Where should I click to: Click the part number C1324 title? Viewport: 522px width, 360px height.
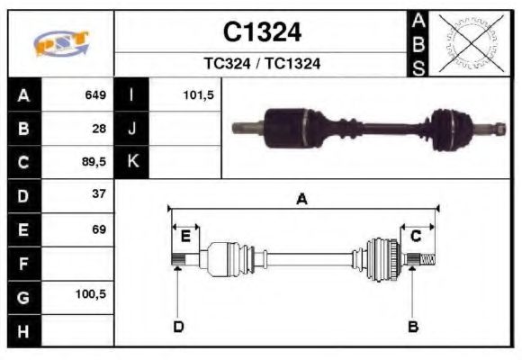pyautogui.click(x=262, y=33)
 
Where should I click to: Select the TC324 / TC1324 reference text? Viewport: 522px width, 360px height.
pyautogui.click(x=262, y=64)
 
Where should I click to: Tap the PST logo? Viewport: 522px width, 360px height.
pyautogui.click(x=61, y=44)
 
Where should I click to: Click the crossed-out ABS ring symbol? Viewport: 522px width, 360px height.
pyautogui.click(x=468, y=43)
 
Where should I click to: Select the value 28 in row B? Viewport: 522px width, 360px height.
pyautogui.click(x=99, y=128)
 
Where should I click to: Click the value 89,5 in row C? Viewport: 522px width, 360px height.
pyautogui.click(x=94, y=162)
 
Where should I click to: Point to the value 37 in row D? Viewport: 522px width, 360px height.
pyautogui.click(x=99, y=194)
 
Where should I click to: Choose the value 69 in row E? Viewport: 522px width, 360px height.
pyautogui.click(x=99, y=229)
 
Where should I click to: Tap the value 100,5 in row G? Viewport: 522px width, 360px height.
pyautogui.click(x=92, y=295)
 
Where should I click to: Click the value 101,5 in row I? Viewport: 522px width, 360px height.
pyautogui.click(x=197, y=94)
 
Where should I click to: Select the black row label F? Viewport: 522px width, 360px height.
pyautogui.click(x=23, y=263)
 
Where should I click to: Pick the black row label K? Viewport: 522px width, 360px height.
pyautogui.click(x=132, y=162)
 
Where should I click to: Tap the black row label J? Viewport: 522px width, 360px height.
pyautogui.click(x=132, y=128)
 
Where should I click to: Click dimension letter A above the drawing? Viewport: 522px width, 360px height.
pyautogui.click(x=302, y=200)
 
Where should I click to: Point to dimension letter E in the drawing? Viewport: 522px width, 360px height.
pyautogui.click(x=185, y=237)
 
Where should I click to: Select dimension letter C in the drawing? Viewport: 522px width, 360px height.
pyautogui.click(x=416, y=236)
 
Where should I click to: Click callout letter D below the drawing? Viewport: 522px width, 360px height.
pyautogui.click(x=178, y=326)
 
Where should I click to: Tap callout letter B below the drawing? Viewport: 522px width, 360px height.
pyautogui.click(x=413, y=326)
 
